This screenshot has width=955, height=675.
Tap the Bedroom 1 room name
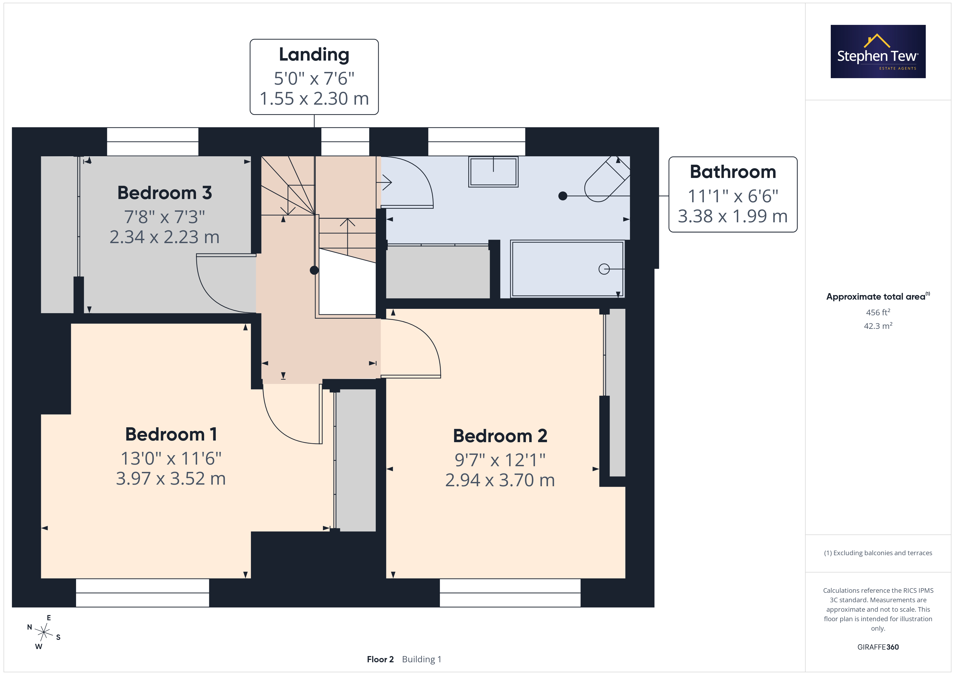coord(171,434)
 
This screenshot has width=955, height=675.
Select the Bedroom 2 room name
coord(500,436)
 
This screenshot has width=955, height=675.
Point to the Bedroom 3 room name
coord(165,193)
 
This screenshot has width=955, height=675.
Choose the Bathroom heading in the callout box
coord(733,172)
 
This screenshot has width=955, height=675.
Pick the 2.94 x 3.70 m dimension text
coord(500,480)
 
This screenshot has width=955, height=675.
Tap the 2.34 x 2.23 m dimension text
coord(165,237)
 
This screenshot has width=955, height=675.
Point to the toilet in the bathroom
coord(607,179)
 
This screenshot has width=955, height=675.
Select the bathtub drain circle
coord(604,269)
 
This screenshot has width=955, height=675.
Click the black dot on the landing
coord(315,270)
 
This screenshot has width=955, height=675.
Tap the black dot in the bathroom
coord(563,196)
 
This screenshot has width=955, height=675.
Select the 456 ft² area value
coord(878,312)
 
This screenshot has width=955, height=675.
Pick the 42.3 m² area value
coord(878,326)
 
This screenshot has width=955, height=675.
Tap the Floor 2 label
coord(380,659)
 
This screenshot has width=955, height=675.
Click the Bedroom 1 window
coord(142,593)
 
